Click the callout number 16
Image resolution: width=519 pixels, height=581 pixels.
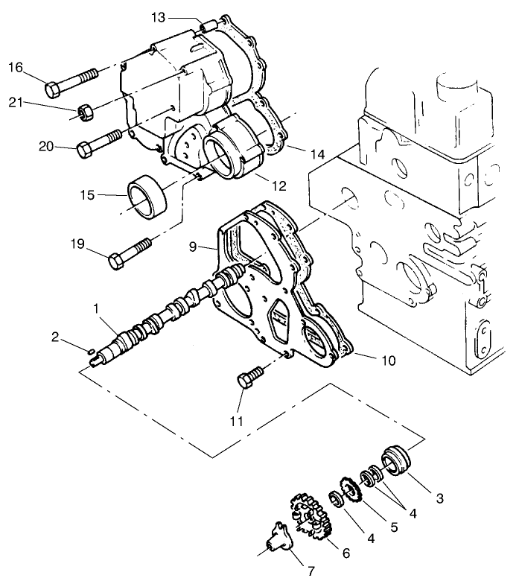tap(15, 68)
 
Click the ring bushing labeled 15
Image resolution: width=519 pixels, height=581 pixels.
tap(146, 194)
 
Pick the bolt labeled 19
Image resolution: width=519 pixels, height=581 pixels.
tap(130, 252)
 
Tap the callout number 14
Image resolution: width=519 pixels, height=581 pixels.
tap(317, 154)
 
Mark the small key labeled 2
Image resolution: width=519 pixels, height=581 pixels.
tap(89, 351)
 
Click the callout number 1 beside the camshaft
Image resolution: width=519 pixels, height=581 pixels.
tap(96, 307)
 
